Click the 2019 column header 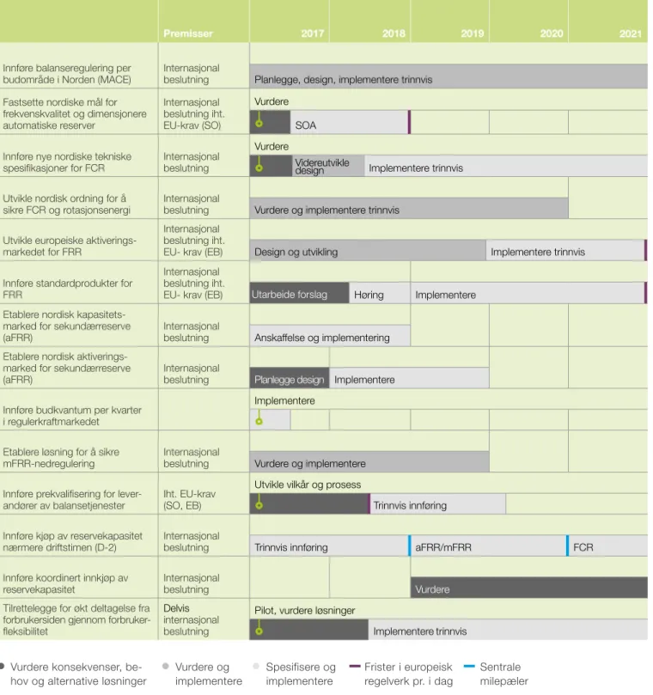coord(472,34)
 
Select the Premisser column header coord(188,34)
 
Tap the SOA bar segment coord(349,122)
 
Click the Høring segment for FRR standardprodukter coord(380,293)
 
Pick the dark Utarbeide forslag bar coord(299,293)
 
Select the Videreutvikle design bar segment coord(328,166)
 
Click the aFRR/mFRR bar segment coord(489,546)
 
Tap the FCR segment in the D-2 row coord(607,546)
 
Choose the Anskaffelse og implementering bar coord(330,336)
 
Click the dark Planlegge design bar coord(290,378)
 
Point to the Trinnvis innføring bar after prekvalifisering coord(438,504)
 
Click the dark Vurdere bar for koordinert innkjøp coord(529,588)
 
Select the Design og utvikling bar coord(368,251)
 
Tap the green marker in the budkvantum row coord(259,421)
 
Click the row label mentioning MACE coord(67,74)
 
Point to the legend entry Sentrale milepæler coord(497,674)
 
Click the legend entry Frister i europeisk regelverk coord(401,674)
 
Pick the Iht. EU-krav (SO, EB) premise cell coord(189,499)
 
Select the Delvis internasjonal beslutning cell coord(191,619)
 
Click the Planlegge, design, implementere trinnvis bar coord(449,76)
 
